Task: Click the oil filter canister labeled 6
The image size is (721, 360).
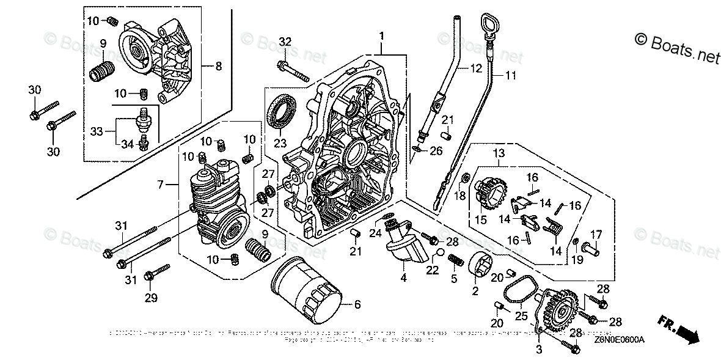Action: pos(306,294)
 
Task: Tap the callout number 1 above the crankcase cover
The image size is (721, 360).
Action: pos(381,37)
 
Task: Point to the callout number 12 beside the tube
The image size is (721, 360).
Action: pos(475,69)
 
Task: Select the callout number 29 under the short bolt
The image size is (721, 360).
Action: pos(151,298)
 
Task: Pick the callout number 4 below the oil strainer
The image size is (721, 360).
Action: pos(403,277)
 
